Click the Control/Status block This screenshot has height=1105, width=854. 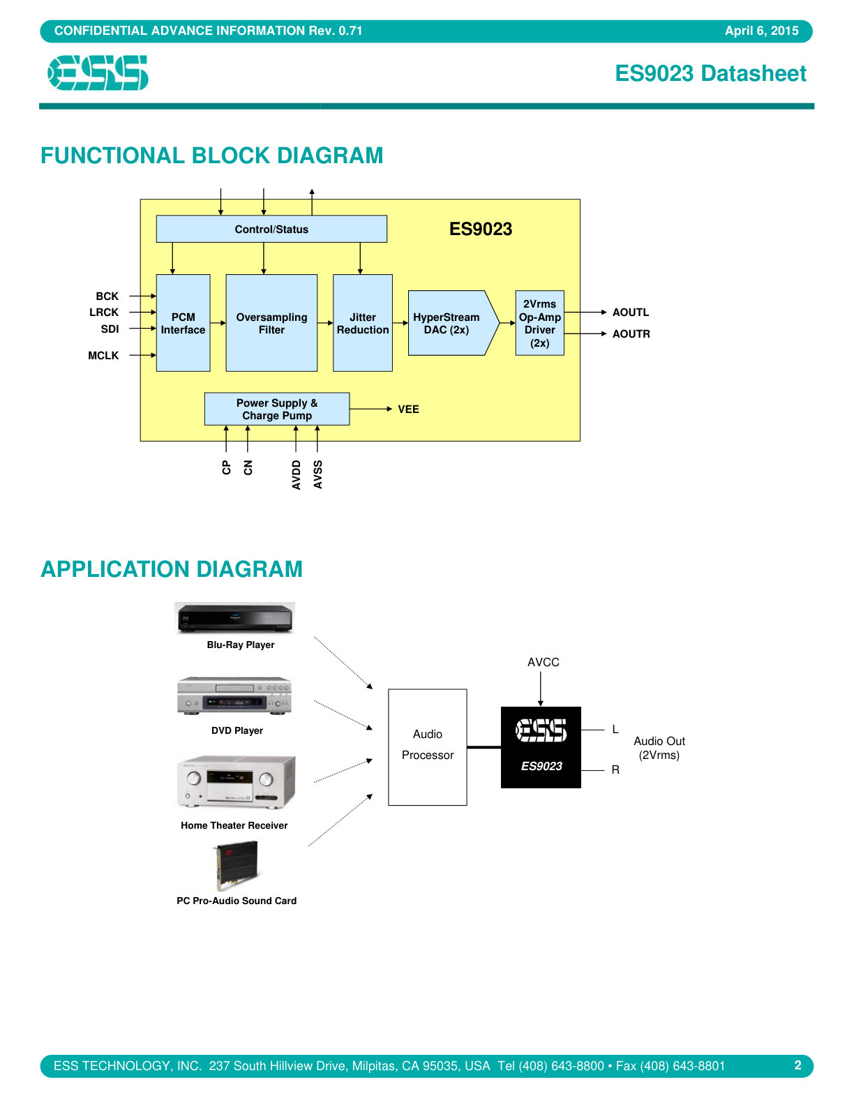click(x=271, y=229)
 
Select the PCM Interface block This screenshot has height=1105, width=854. click(x=183, y=323)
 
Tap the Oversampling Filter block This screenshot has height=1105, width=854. click(x=271, y=323)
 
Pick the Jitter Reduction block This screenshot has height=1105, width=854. click(x=363, y=323)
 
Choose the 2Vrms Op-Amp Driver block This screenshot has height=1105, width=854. click(x=539, y=323)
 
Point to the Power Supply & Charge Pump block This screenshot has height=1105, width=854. click(x=277, y=409)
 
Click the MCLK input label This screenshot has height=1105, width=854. click(x=103, y=356)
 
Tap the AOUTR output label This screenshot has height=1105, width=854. click(x=631, y=334)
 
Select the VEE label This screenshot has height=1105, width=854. click(x=408, y=409)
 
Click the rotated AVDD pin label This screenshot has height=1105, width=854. click(x=296, y=474)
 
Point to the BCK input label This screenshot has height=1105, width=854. click(x=107, y=296)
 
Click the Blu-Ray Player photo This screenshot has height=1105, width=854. click(x=234, y=618)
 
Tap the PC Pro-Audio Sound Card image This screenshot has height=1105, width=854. click(x=237, y=866)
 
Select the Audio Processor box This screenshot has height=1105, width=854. click(x=427, y=747)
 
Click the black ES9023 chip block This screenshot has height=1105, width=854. click(x=541, y=747)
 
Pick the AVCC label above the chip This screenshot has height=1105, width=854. click(x=544, y=662)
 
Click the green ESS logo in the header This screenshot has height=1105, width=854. click(x=98, y=73)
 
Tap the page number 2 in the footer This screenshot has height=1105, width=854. click(x=797, y=1065)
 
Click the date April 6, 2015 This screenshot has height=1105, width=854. click(x=761, y=31)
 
